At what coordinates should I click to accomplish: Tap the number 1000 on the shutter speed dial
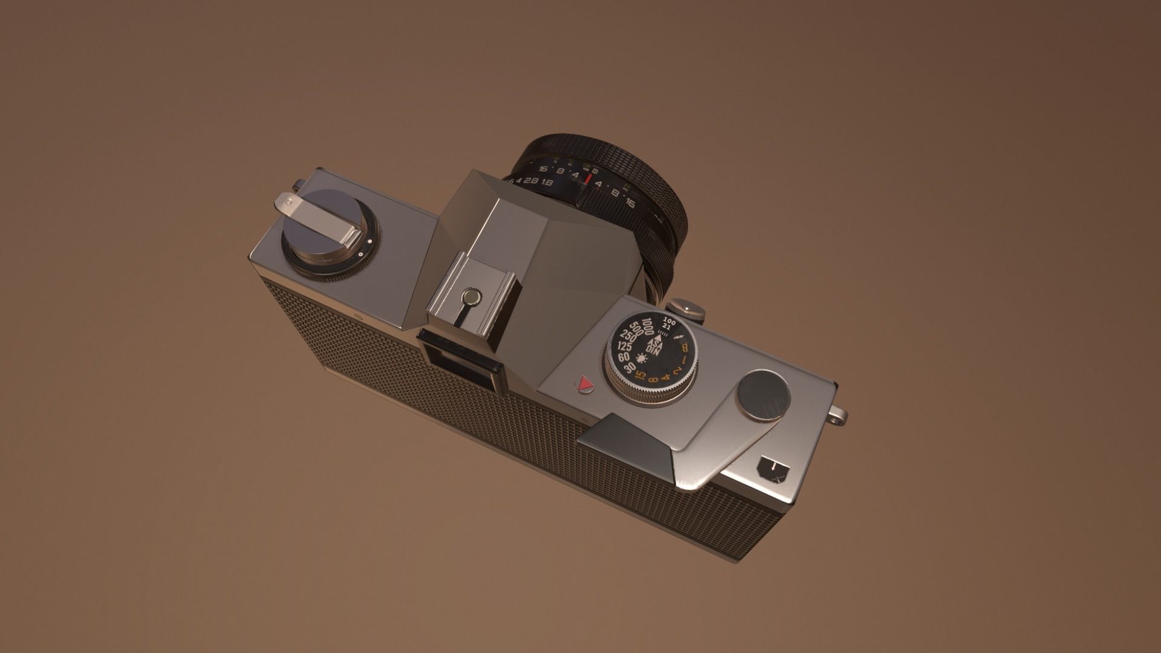[x=648, y=326]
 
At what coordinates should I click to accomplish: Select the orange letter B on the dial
[x=685, y=348]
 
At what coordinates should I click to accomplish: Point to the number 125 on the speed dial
[x=625, y=346]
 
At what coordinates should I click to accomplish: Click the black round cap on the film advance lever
[x=763, y=395]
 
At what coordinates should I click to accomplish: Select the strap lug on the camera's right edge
[x=838, y=415]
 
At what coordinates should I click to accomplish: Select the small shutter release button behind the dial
[x=688, y=308]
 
